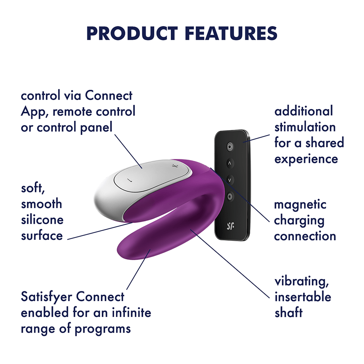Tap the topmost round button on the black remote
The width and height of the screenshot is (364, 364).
[230, 146]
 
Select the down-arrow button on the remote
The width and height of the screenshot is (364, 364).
[230, 180]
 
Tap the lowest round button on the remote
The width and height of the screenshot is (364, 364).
[230, 196]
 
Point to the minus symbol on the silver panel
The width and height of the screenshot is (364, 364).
[129, 180]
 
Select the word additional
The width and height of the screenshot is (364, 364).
[304, 111]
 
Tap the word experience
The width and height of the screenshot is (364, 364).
[306, 158]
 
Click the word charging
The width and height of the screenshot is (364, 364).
[299, 220]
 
